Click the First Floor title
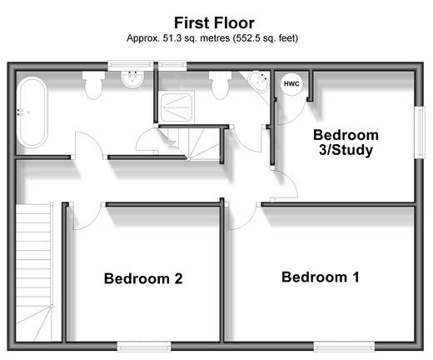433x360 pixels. coord(214,22)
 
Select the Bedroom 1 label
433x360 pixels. coord(321,277)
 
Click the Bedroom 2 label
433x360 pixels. coord(143,278)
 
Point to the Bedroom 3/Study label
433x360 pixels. coord(346,142)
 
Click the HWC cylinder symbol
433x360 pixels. coord(291,83)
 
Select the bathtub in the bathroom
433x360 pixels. coord(32,112)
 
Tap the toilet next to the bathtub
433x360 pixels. coord(93,85)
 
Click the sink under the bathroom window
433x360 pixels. coord(132,79)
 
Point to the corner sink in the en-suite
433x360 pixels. coord(259,81)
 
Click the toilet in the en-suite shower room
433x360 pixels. coord(221,85)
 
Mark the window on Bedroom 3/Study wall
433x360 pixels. coord(421,132)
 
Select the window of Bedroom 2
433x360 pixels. coord(144,347)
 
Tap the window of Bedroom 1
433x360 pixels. coord(344,347)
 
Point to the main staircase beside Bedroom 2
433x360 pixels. coord(34,272)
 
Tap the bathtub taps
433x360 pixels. coord(19,112)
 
